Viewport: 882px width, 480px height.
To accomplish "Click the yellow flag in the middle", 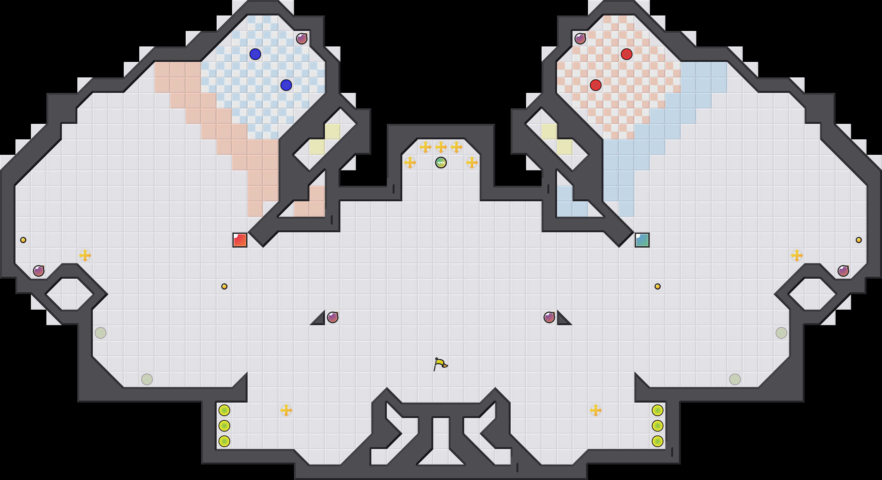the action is coord(440,364).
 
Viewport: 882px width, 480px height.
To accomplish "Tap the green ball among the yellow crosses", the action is coord(441,163).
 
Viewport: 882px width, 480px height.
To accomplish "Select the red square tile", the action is coord(240,240).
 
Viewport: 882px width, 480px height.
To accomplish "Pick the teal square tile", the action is coord(642,240).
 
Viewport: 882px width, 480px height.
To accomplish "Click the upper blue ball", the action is coord(255,54).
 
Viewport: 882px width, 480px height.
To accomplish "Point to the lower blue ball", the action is coord(286,85).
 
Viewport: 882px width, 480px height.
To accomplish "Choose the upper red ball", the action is coord(627,54).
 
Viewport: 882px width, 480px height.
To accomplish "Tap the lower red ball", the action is coord(596,85).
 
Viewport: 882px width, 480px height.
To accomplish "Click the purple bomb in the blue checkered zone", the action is coord(302,39).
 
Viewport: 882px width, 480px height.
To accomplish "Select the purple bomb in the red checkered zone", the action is coord(580,39).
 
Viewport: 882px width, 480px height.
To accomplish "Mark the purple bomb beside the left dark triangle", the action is coord(333,317).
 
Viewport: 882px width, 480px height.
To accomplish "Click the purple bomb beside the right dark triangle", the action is coord(549,317).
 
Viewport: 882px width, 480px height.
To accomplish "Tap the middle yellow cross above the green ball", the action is coord(441,147).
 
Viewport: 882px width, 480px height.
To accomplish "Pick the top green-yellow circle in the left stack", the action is coord(224,410).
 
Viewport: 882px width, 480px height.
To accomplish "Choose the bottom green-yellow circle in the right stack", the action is coord(658,441).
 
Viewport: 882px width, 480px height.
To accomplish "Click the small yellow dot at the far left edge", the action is coord(23,240).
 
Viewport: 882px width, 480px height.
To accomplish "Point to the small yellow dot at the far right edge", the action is coord(859,240).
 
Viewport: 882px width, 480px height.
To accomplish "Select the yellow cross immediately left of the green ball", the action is coord(410,163).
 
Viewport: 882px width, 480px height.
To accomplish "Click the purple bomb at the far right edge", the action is coord(843,271).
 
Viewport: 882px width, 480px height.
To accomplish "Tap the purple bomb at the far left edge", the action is coord(39,271).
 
